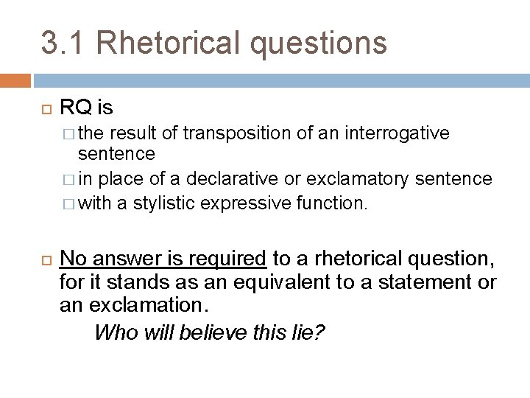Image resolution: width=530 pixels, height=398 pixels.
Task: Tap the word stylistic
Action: point(159,201)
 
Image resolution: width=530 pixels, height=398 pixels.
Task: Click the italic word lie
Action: point(308,332)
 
